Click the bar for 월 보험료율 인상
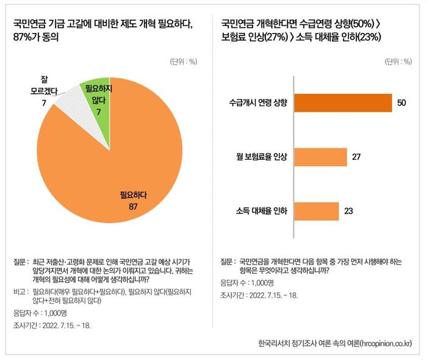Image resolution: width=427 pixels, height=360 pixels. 320,157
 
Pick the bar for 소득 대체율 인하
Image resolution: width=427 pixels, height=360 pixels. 317,211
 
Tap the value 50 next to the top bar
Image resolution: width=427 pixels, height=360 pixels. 401,103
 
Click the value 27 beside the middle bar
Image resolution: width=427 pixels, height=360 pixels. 357,157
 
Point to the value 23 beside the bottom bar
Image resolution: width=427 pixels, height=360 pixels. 349,211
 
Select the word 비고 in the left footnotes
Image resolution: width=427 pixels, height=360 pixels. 20,291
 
